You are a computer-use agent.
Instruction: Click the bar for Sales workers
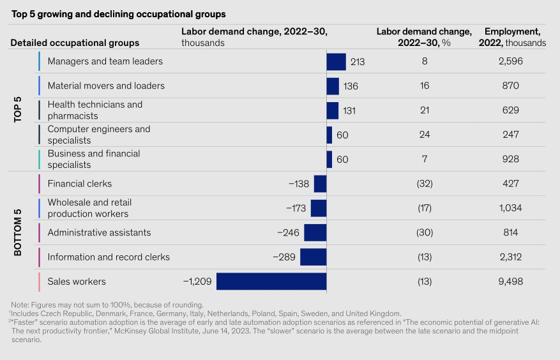271,281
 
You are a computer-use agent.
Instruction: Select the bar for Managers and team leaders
336,62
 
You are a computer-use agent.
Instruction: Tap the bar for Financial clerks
320,184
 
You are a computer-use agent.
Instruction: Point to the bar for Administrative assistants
315,232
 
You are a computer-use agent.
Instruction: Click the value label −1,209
197,281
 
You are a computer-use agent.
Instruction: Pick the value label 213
357,62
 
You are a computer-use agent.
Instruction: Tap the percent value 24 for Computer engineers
423,135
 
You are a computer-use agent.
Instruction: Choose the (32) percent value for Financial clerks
423,184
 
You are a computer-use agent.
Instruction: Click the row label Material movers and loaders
106,86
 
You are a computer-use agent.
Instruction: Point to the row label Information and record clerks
109,257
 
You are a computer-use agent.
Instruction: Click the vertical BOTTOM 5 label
18,232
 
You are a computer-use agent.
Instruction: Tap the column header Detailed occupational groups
75,43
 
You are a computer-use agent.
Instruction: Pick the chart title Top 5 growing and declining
118,13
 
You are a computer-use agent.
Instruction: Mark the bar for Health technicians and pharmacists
333,110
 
